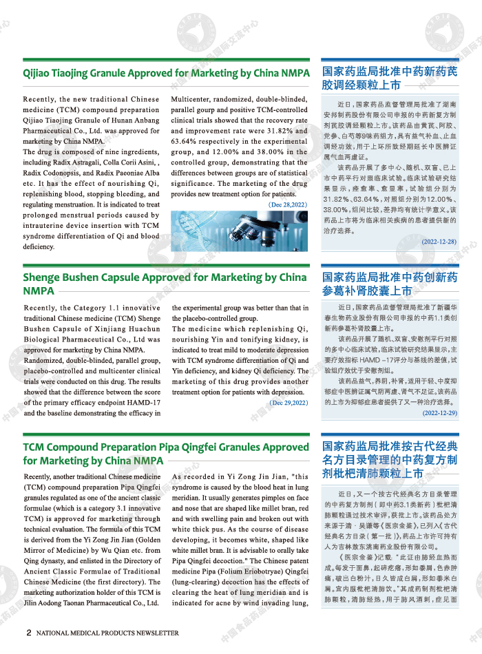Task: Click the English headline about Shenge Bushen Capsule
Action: tap(165, 284)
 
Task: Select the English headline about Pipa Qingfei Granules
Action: tap(166, 453)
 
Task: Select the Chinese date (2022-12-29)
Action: tap(439, 413)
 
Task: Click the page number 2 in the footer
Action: tap(28, 632)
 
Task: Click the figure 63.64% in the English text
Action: tap(184, 141)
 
